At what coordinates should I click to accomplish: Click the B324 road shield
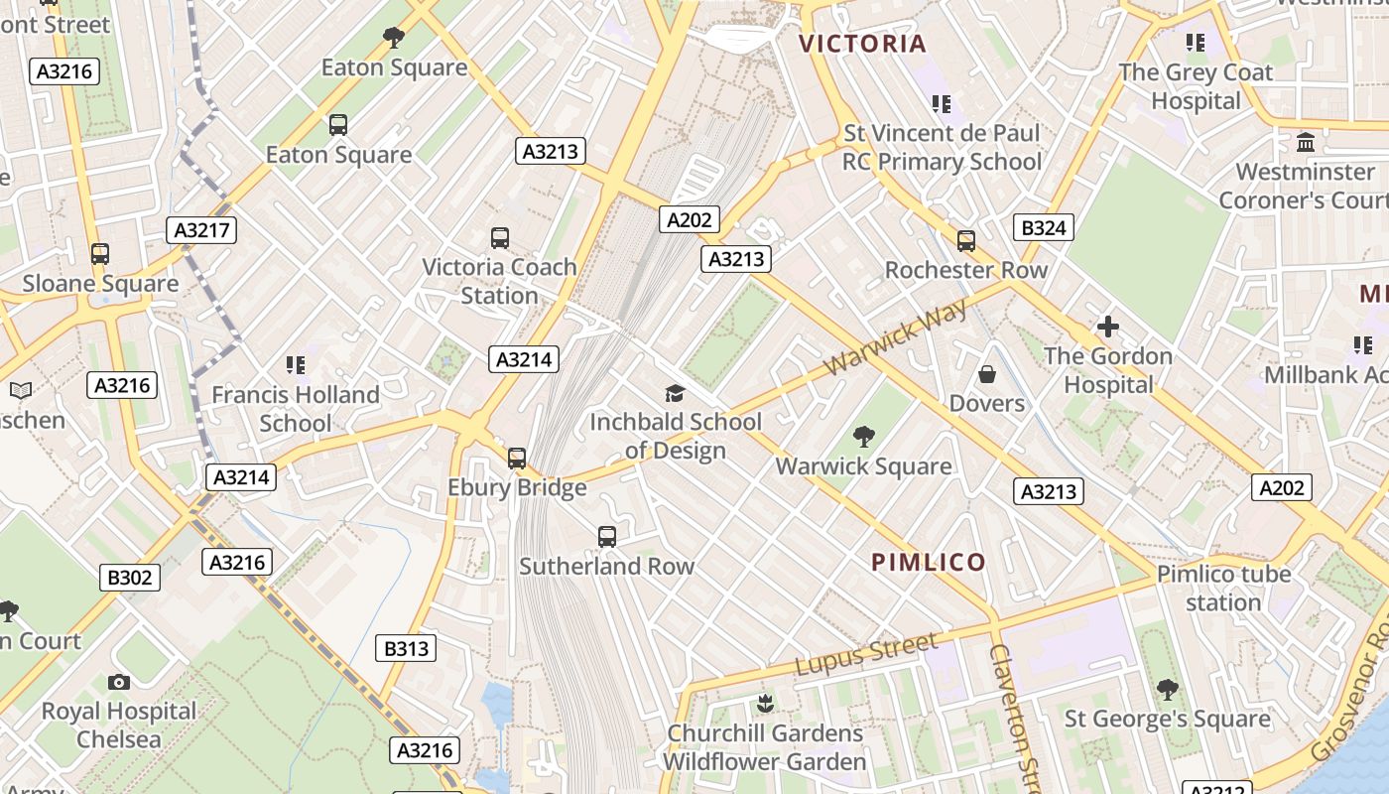(1044, 228)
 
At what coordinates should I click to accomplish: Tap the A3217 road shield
(201, 231)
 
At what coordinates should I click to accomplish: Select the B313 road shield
(406, 649)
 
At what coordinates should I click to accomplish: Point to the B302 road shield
(130, 578)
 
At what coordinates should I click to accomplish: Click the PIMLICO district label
(929, 563)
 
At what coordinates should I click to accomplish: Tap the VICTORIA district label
(862, 44)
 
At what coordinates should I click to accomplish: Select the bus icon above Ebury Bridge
(517, 459)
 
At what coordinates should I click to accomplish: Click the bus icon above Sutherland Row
(607, 537)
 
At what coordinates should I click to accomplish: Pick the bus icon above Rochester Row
(965, 241)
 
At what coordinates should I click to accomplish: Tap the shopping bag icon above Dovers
(986, 374)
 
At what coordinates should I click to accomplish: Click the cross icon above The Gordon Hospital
(1107, 327)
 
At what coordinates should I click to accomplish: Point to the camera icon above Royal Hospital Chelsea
(119, 682)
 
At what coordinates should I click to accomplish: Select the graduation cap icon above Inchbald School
(675, 393)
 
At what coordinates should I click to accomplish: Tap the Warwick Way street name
(895, 338)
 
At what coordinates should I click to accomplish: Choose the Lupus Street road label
(865, 655)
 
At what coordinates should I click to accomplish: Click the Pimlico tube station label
(1223, 588)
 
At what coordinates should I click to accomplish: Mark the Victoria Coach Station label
(499, 281)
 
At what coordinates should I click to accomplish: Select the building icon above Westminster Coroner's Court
(1306, 143)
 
